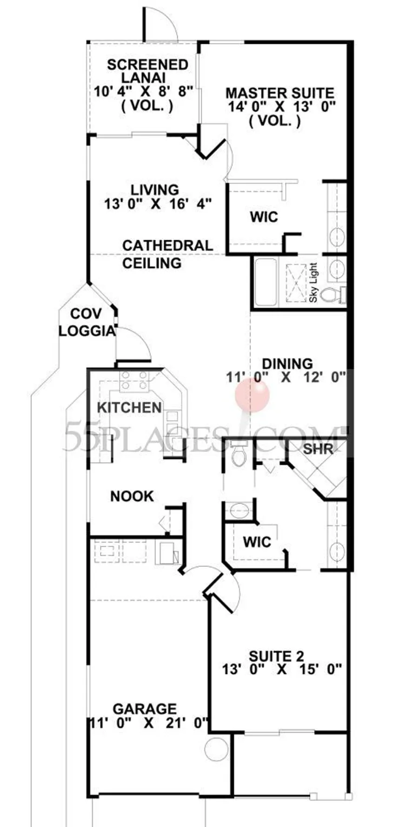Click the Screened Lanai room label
click(147, 71)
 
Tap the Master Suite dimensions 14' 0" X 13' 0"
click(281, 107)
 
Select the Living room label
click(154, 190)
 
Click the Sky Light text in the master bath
click(313, 282)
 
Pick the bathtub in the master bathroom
click(264, 282)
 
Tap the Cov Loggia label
click(87, 322)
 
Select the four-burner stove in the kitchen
click(134, 380)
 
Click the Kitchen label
click(129, 408)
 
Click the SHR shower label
click(318, 449)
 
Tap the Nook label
click(132, 496)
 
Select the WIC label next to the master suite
click(264, 217)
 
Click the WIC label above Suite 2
click(257, 542)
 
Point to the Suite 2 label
click(276, 656)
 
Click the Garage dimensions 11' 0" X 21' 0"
click(148, 723)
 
